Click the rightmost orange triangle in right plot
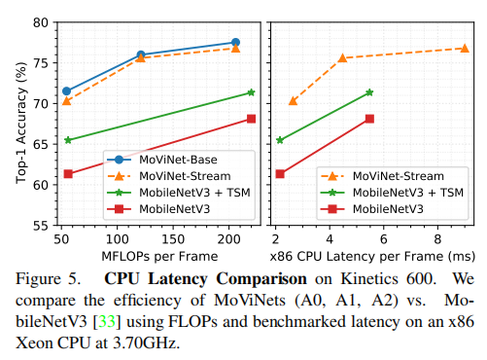click(465, 48)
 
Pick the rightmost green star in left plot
click(251, 92)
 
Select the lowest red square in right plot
click(280, 174)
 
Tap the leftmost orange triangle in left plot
click(67, 101)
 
